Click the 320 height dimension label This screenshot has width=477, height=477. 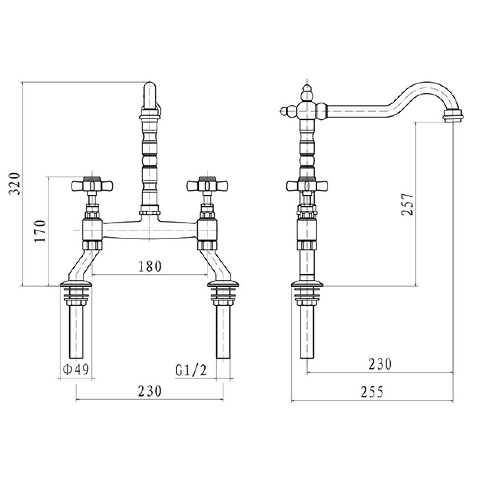click(14, 184)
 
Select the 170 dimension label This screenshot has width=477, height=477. click(40, 231)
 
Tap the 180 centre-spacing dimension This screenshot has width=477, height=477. click(149, 266)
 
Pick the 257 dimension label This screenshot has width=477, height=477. click(407, 204)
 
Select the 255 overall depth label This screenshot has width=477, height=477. click(372, 392)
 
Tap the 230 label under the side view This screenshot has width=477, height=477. click(380, 364)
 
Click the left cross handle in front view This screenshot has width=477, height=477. click(92, 185)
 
